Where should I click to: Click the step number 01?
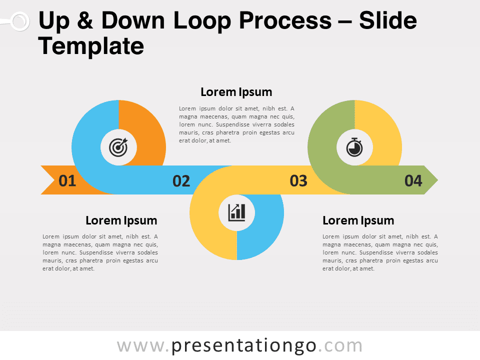click(67, 180)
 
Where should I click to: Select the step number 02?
click(181, 180)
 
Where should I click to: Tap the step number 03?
click(298, 180)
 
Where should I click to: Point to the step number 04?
click(413, 180)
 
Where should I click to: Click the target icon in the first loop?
click(118, 147)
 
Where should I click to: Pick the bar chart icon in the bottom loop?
click(237, 212)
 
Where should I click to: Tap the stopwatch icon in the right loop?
click(354, 147)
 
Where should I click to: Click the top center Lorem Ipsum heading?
click(236, 92)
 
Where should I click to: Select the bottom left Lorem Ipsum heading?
click(121, 220)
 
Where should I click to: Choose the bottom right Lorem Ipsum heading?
click(358, 220)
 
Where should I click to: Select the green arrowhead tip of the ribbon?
click(431, 180)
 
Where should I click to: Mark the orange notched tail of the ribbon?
click(50, 180)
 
